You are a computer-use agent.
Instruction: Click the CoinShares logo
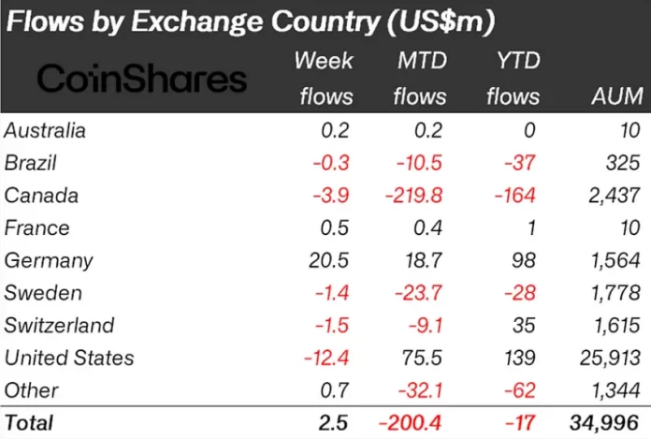click(x=141, y=78)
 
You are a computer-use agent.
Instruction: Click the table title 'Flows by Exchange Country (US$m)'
click(x=251, y=20)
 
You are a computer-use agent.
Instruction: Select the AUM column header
click(x=616, y=96)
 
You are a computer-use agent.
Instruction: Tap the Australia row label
click(x=45, y=130)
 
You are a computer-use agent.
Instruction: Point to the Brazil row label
click(x=31, y=163)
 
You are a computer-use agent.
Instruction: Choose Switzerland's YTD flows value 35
click(x=525, y=325)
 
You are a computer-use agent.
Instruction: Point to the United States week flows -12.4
click(x=329, y=358)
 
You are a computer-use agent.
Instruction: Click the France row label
click(x=31, y=228)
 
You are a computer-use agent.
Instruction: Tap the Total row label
click(x=30, y=423)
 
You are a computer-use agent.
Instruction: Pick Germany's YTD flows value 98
click(x=525, y=260)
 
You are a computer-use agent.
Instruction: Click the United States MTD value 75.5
click(x=423, y=358)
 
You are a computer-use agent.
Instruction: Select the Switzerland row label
click(x=59, y=325)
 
